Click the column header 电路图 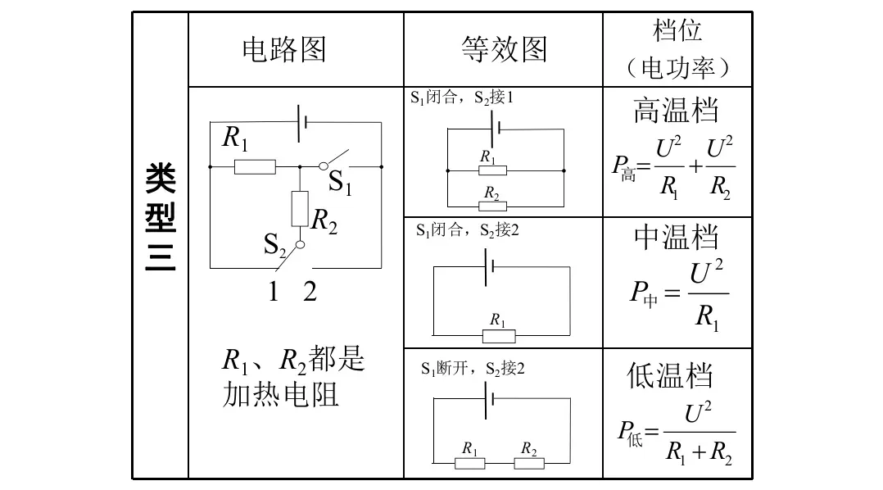[283, 50]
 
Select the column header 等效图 [503, 50]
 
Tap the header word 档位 [677, 31]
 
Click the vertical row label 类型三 [160, 218]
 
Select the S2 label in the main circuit [275, 243]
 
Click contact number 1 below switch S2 [274, 292]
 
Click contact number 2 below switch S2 [310, 292]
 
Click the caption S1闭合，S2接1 [462, 98]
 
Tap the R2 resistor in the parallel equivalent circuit [492, 206]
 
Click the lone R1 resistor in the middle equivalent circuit [498, 336]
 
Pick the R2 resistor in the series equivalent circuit [529, 463]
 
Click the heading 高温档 [676, 111]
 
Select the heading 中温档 [676, 238]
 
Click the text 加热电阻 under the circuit [280, 396]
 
